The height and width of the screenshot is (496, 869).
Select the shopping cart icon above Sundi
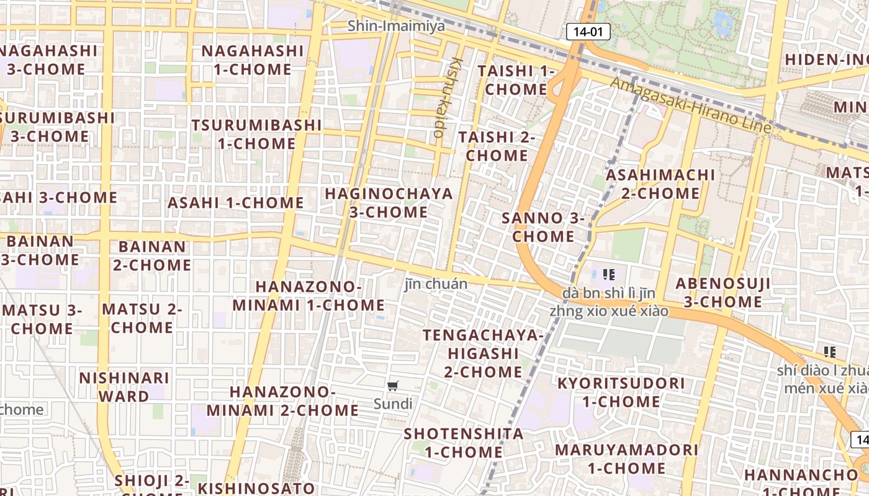(392, 386)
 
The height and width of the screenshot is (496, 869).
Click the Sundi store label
(392, 404)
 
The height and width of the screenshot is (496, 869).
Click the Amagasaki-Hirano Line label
(691, 105)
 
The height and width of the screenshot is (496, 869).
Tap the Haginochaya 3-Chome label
(389, 203)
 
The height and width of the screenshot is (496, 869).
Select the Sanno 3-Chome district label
(543, 227)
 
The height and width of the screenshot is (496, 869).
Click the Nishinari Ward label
(124, 387)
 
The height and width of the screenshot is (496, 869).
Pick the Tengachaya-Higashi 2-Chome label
(483, 353)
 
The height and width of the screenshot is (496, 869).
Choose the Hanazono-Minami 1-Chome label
(308, 296)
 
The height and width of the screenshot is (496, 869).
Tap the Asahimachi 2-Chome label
(660, 184)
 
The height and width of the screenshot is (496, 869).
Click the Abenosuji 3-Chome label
(723, 293)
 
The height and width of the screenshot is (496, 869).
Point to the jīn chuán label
(436, 284)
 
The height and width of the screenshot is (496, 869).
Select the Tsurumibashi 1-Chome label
(256, 134)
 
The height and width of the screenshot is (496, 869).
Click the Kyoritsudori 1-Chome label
(621, 392)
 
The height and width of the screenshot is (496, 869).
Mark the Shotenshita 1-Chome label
(464, 443)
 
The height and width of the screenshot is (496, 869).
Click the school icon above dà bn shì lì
(608, 274)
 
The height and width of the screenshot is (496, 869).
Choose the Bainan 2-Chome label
(151, 255)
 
